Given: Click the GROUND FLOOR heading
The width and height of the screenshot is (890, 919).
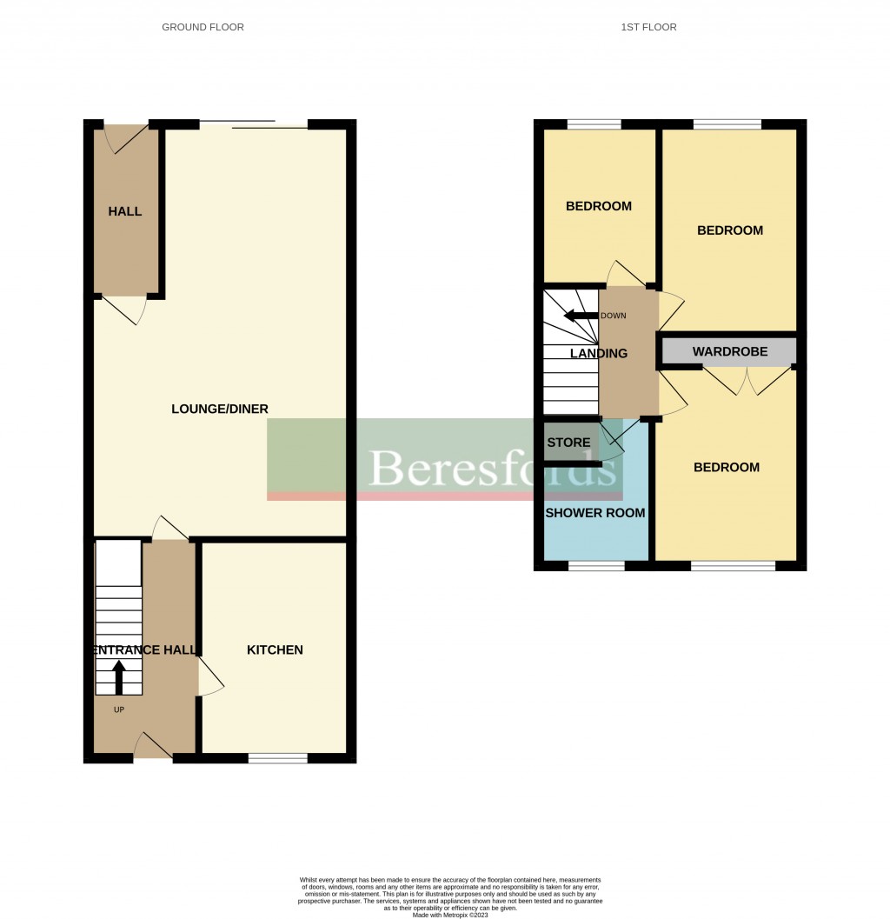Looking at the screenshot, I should pyautogui.click(x=203, y=27).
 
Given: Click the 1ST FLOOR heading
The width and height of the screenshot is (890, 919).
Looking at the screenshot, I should pyautogui.click(x=648, y=27).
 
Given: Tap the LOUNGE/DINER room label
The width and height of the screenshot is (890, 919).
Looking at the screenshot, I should pyautogui.click(x=220, y=409).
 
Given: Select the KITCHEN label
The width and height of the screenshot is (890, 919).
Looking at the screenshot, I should pyautogui.click(x=275, y=649).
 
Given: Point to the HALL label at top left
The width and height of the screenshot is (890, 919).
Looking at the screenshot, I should pyautogui.click(x=125, y=211).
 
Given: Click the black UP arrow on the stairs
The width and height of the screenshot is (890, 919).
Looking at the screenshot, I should pyautogui.click(x=118, y=677).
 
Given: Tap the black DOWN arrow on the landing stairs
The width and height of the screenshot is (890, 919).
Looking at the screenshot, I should pyautogui.click(x=581, y=316).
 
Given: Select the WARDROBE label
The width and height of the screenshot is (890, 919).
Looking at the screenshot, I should pyautogui.click(x=730, y=352).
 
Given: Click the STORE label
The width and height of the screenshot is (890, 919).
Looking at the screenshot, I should pyautogui.click(x=568, y=443).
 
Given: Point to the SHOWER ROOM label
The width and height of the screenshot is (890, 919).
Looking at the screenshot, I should pyautogui.click(x=595, y=513).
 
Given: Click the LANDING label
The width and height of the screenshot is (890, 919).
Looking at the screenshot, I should pyautogui.click(x=599, y=353).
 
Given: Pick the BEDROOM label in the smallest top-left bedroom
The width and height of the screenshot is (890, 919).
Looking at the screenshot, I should pyautogui.click(x=599, y=206).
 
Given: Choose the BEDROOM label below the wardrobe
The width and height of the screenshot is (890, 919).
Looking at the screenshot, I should pyautogui.click(x=727, y=467).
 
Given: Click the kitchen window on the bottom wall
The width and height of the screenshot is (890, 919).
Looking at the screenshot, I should pyautogui.click(x=277, y=758).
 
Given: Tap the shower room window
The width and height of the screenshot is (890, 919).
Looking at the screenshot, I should pyautogui.click(x=596, y=566).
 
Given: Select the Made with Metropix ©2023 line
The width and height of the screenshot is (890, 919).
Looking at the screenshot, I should pyautogui.click(x=450, y=915).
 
